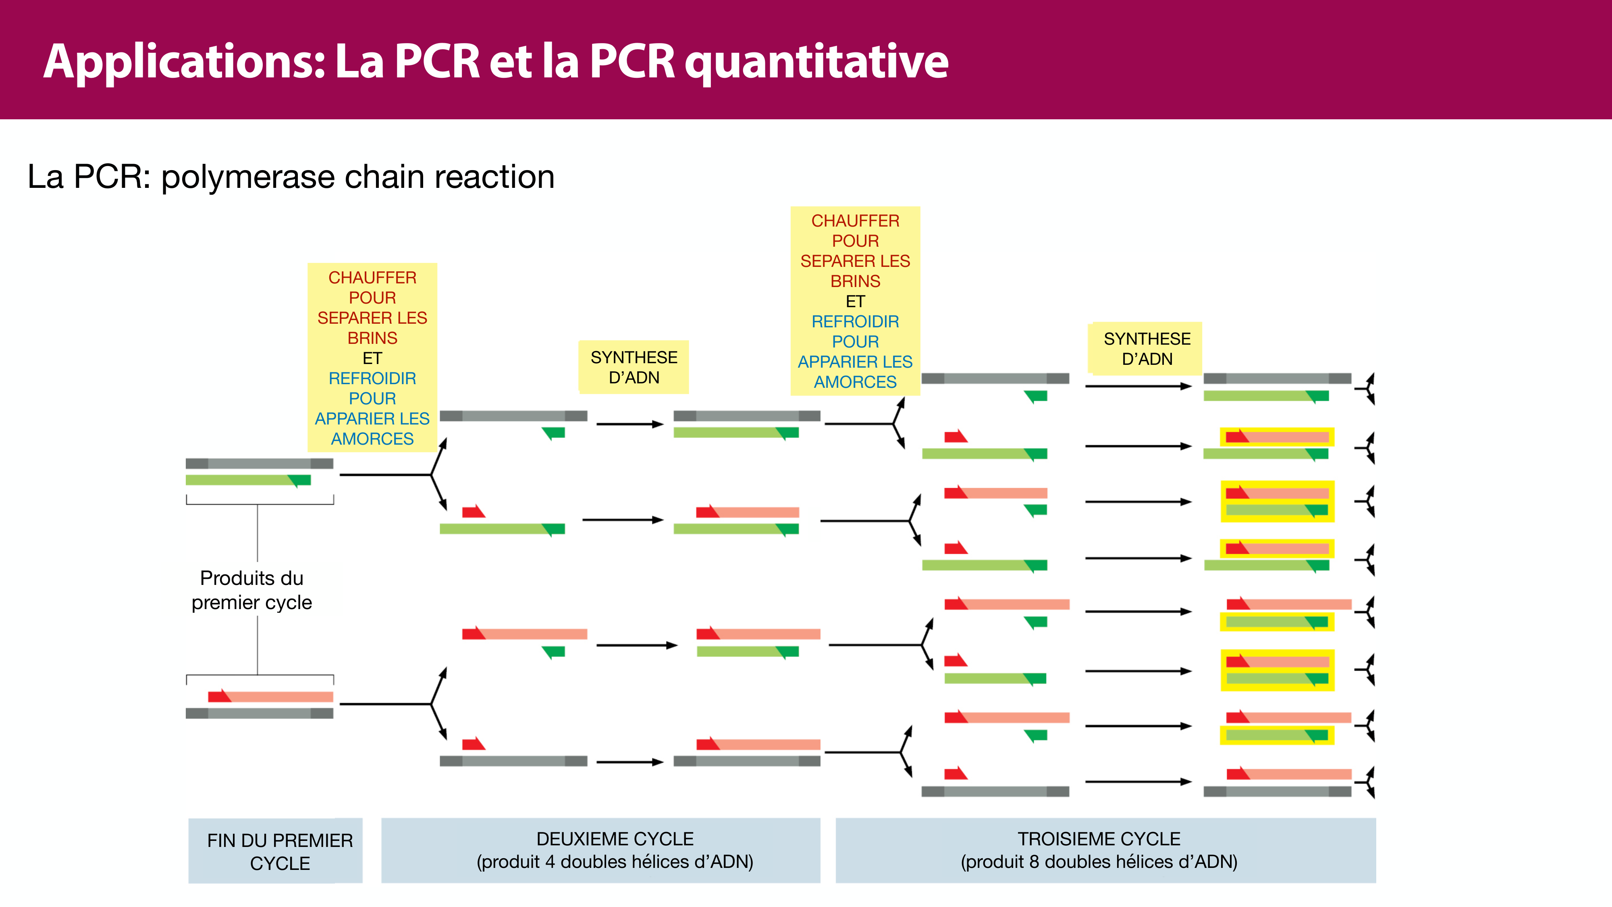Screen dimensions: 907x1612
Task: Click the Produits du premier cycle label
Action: (x=251, y=590)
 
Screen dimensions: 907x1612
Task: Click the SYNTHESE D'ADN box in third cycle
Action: (x=1147, y=349)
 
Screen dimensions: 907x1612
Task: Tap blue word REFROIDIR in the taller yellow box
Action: (x=855, y=322)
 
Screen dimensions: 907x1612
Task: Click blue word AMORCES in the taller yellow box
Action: (x=855, y=382)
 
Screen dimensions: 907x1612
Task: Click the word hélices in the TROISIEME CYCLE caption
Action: (x=1146, y=862)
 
